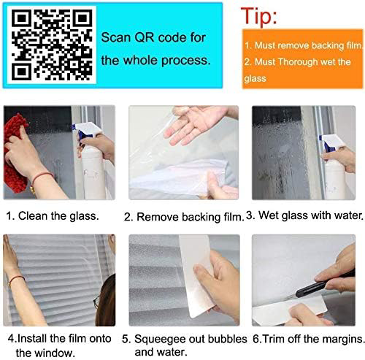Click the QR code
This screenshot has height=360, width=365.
(52, 45)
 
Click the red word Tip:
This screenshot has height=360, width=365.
(259, 16)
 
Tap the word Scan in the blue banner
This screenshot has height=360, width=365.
(116, 37)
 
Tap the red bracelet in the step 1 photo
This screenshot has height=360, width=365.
(42, 177)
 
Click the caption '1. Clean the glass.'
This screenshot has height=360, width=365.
(53, 216)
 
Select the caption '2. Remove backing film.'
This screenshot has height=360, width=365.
(184, 217)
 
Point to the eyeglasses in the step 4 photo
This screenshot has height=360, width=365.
(97, 302)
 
